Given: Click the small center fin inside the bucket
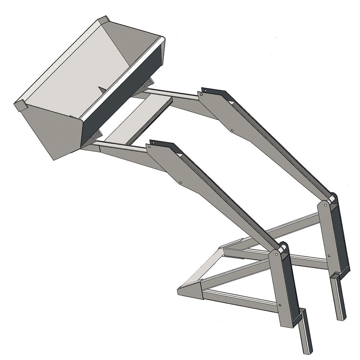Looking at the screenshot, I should tap(102, 88).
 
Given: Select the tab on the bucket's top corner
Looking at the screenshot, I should tap(103, 20).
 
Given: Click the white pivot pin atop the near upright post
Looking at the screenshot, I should tap(282, 250).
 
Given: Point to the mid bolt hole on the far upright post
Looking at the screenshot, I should tap(329, 255).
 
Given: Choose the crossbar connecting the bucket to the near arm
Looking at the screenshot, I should tap(121, 146).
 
